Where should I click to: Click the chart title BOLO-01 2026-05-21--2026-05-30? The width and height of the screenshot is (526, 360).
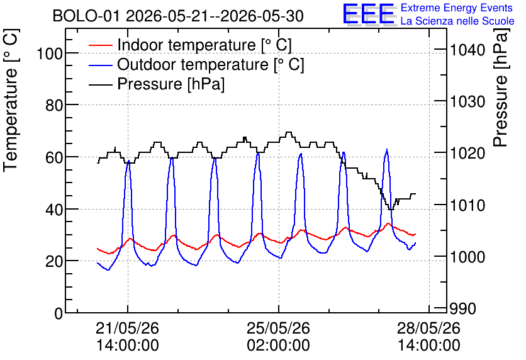coord(178,16)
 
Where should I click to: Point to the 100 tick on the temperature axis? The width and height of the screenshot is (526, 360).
coord(50,53)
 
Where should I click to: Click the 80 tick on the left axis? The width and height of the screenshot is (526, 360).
coord(54,105)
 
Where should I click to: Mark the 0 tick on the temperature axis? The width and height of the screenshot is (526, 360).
coord(59,313)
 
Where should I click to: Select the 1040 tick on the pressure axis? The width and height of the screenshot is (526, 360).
coord(467,50)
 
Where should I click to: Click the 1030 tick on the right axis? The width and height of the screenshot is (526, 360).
coord(467,102)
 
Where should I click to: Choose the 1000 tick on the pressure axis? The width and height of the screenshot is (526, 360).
coord(467,257)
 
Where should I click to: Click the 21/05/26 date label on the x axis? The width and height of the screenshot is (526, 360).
coord(128,328)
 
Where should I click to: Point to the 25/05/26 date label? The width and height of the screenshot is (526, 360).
coord(279,328)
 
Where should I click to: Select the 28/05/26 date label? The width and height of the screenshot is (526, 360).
coord(429,328)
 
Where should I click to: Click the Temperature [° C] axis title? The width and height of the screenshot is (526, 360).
coord(11,101)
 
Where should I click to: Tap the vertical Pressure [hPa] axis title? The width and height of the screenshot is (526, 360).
coord(501,87)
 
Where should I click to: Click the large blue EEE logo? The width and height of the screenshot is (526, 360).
coord(369,14)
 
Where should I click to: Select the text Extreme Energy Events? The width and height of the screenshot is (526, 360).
coord(457,8)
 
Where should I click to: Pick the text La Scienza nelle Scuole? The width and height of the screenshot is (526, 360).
coord(457,21)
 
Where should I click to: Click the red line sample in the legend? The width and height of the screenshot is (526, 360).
coord(100,45)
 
